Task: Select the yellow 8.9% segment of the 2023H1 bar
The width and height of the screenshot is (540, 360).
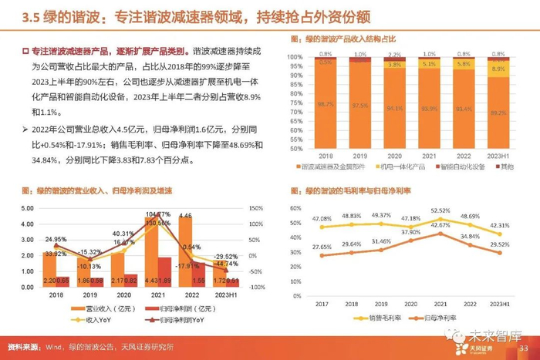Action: [x=498, y=69]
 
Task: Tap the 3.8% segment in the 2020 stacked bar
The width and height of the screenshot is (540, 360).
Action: [x=395, y=65]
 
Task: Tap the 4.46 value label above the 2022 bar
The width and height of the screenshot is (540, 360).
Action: [x=187, y=215]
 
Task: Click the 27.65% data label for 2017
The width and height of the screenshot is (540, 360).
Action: [x=322, y=247]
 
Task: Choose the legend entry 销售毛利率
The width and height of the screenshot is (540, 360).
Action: [x=380, y=318]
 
